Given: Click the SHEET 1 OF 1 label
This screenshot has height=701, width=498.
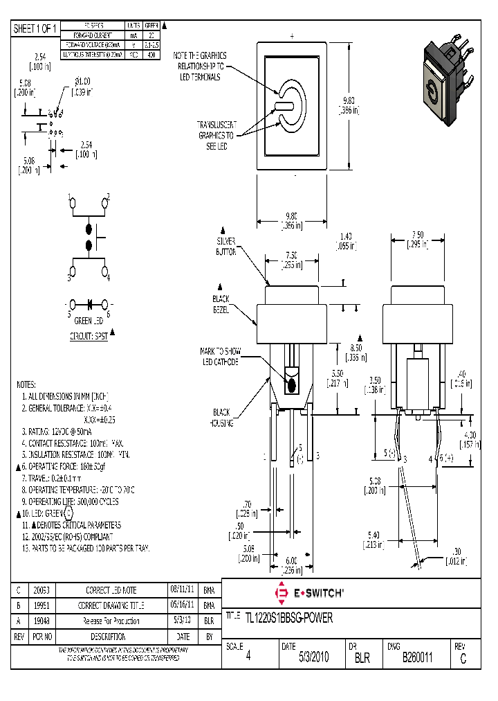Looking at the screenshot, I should [x=35, y=28].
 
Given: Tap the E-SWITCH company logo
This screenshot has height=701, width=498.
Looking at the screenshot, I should [x=309, y=593].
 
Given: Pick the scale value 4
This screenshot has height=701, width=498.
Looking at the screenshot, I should [x=248, y=659].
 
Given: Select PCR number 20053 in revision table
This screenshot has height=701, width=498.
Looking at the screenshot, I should [x=41, y=591].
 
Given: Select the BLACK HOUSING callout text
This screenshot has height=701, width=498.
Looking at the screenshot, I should [x=223, y=417].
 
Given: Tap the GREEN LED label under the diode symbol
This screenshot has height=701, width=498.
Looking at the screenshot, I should [x=89, y=321].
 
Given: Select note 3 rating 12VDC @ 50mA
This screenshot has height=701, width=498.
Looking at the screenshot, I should [x=62, y=431].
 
